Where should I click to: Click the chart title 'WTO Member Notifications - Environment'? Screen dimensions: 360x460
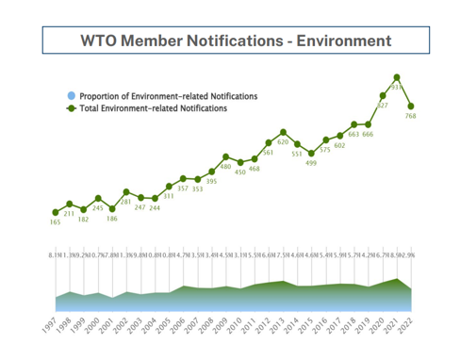pyautogui.click(x=237, y=41)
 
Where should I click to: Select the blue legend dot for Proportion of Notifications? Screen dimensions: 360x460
pyautogui.click(x=71, y=96)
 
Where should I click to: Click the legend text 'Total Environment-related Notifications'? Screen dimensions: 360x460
pyautogui.click(x=153, y=108)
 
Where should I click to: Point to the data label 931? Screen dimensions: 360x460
pyautogui.click(x=397, y=87)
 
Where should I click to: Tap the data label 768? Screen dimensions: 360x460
pyautogui.click(x=411, y=116)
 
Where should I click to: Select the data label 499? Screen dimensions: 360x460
pyautogui.click(x=311, y=164)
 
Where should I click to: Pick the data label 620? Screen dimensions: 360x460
pyautogui.click(x=283, y=141)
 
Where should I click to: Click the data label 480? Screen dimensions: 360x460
pyautogui.click(x=225, y=166)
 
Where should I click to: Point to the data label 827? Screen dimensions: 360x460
pyautogui.click(x=383, y=105)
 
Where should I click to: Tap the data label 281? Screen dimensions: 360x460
pyautogui.click(x=126, y=201)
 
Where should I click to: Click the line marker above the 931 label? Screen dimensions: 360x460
pyautogui.click(x=397, y=77)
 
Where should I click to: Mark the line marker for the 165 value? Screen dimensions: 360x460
pyautogui.click(x=56, y=211)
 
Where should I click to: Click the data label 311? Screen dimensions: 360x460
pyautogui.click(x=169, y=196)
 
